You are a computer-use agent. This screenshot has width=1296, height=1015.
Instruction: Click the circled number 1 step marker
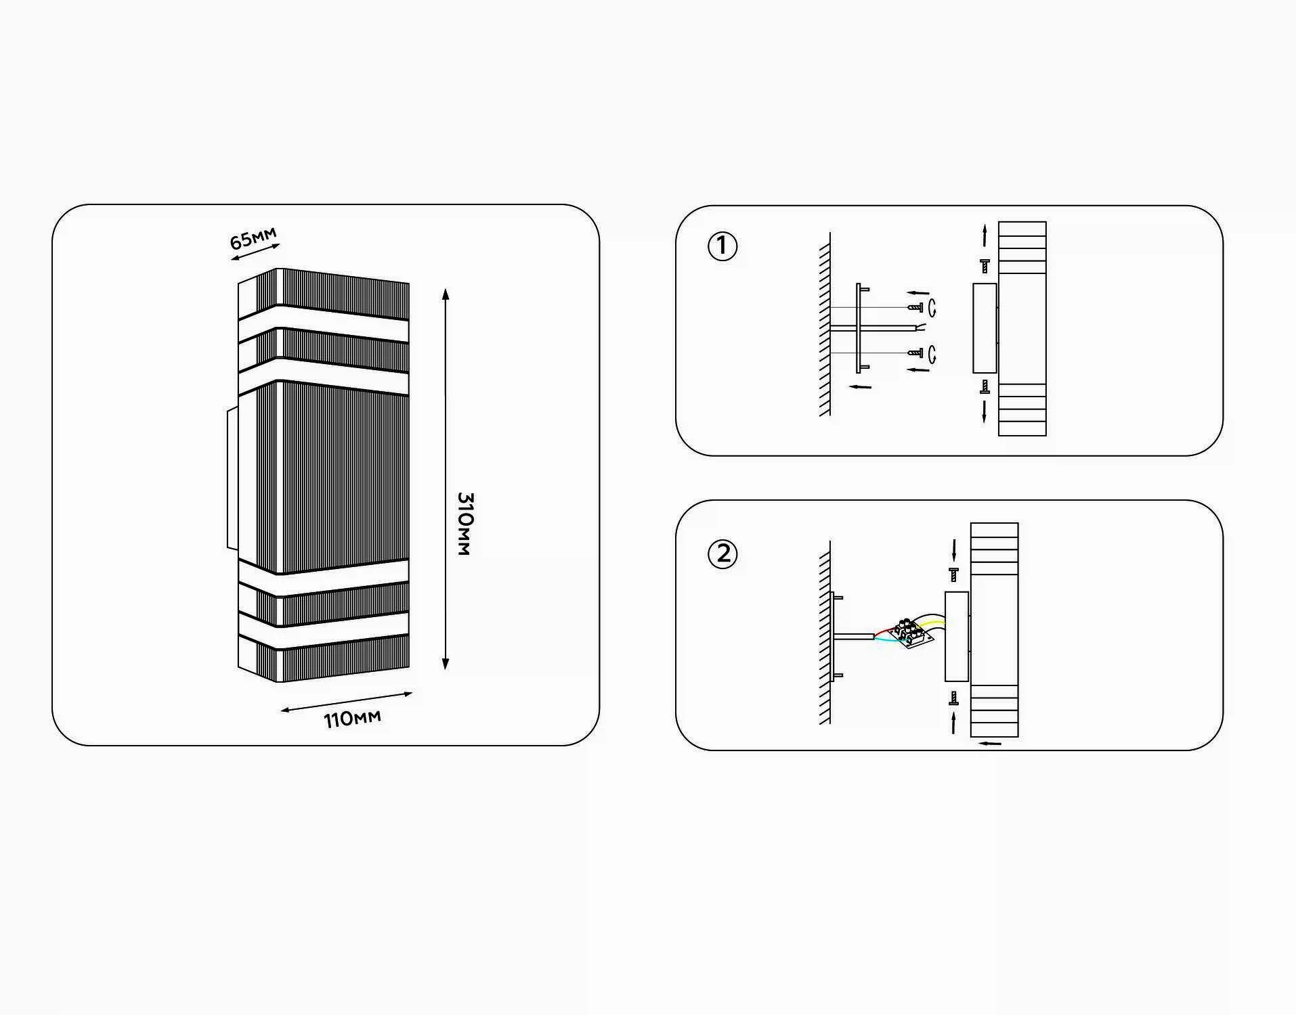click(722, 246)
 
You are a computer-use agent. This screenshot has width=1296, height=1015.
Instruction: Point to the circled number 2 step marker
click(723, 554)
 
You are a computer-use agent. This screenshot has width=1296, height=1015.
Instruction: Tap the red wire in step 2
click(885, 631)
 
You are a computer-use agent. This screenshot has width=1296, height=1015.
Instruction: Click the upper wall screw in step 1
click(915, 307)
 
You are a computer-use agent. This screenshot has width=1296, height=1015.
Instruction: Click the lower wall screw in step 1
click(915, 353)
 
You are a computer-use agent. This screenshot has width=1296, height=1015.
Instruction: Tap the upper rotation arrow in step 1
click(933, 308)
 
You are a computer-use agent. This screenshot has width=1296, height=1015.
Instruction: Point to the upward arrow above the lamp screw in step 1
click(985, 236)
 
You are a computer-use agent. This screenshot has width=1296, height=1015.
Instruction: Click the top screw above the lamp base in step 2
click(954, 574)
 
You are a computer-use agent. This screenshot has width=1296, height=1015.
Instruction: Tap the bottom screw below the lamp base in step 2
click(954, 698)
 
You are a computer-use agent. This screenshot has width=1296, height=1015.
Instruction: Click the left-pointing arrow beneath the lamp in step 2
click(991, 744)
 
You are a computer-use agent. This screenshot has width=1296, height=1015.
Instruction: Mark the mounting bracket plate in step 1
click(859, 328)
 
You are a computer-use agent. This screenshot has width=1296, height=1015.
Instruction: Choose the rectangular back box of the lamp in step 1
click(985, 328)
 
